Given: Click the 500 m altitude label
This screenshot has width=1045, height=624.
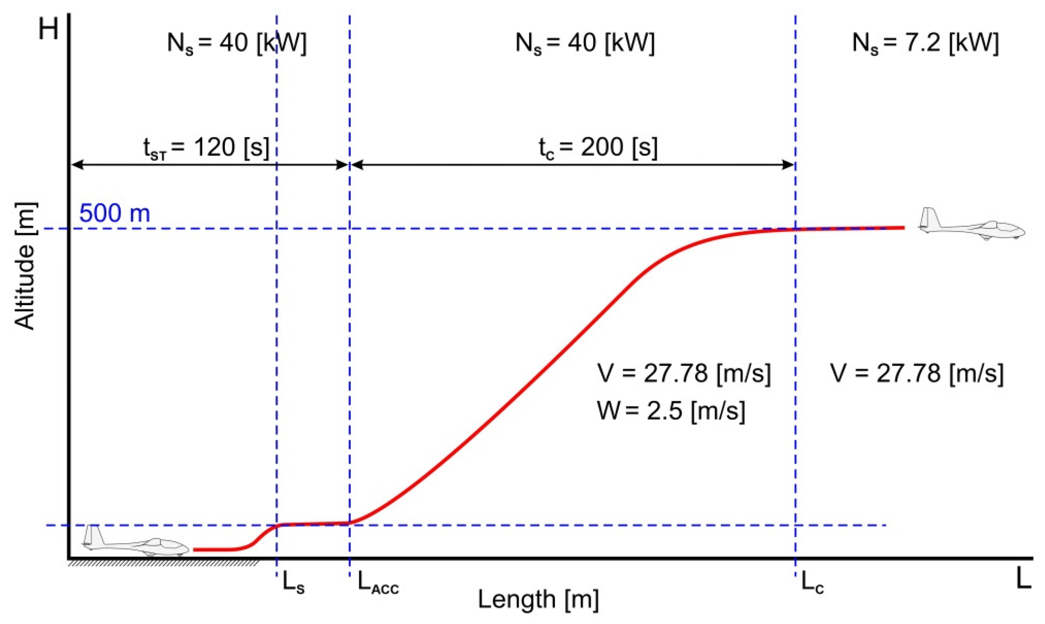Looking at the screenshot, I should click(114, 213).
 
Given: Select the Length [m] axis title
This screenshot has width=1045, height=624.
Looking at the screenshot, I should click(538, 599).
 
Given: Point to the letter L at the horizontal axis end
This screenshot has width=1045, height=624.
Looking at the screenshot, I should click(1024, 579).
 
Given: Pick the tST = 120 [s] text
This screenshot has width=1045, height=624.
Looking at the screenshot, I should click(206, 148).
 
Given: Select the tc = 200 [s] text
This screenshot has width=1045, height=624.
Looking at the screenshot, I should click(598, 148).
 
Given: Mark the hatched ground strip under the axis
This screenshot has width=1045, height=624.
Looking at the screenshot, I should click(164, 563).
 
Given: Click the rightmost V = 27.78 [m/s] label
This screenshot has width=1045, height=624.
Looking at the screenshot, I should click(917, 373).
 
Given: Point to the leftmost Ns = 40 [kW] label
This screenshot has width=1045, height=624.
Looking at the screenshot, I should click(237, 43).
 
